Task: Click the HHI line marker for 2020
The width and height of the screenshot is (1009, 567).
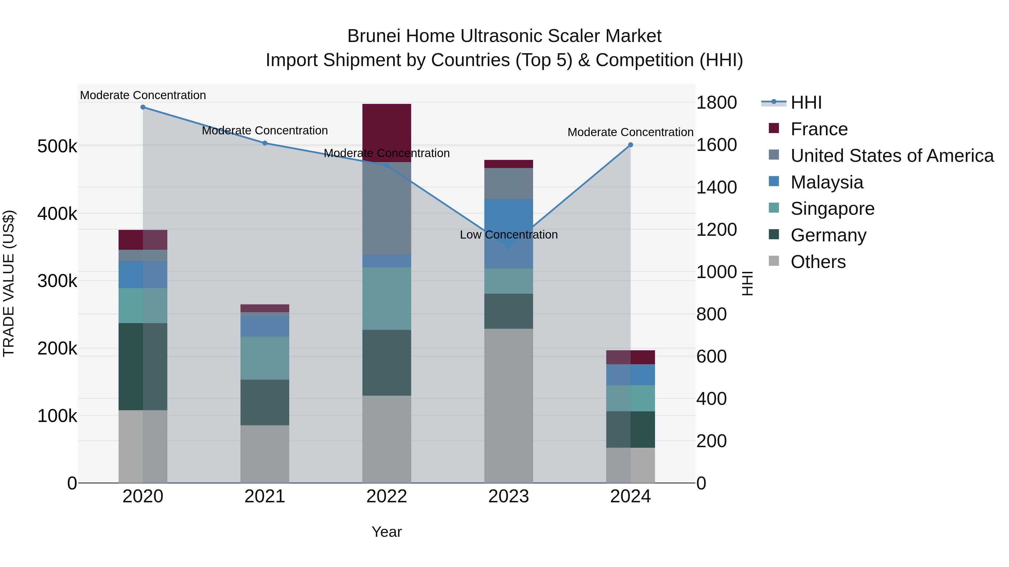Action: click(143, 107)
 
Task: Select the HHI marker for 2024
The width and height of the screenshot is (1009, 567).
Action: click(631, 145)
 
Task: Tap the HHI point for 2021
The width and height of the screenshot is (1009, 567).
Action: click(265, 143)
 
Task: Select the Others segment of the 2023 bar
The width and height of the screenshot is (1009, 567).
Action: click(508, 405)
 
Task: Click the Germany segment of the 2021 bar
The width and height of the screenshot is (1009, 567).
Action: click(265, 402)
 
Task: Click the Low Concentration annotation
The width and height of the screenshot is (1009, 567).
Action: click(508, 235)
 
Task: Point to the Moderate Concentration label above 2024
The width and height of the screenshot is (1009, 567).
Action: click(630, 132)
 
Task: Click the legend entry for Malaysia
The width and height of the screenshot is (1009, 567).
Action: click(827, 182)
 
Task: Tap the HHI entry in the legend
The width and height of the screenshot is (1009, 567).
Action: click(806, 102)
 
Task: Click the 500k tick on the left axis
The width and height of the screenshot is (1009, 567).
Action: click(57, 146)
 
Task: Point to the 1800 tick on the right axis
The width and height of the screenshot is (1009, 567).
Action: click(716, 102)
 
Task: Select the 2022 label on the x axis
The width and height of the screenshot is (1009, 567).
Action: click(387, 496)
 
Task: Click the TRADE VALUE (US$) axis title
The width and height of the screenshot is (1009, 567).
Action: click(9, 283)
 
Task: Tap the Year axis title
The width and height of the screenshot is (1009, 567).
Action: click(387, 532)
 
